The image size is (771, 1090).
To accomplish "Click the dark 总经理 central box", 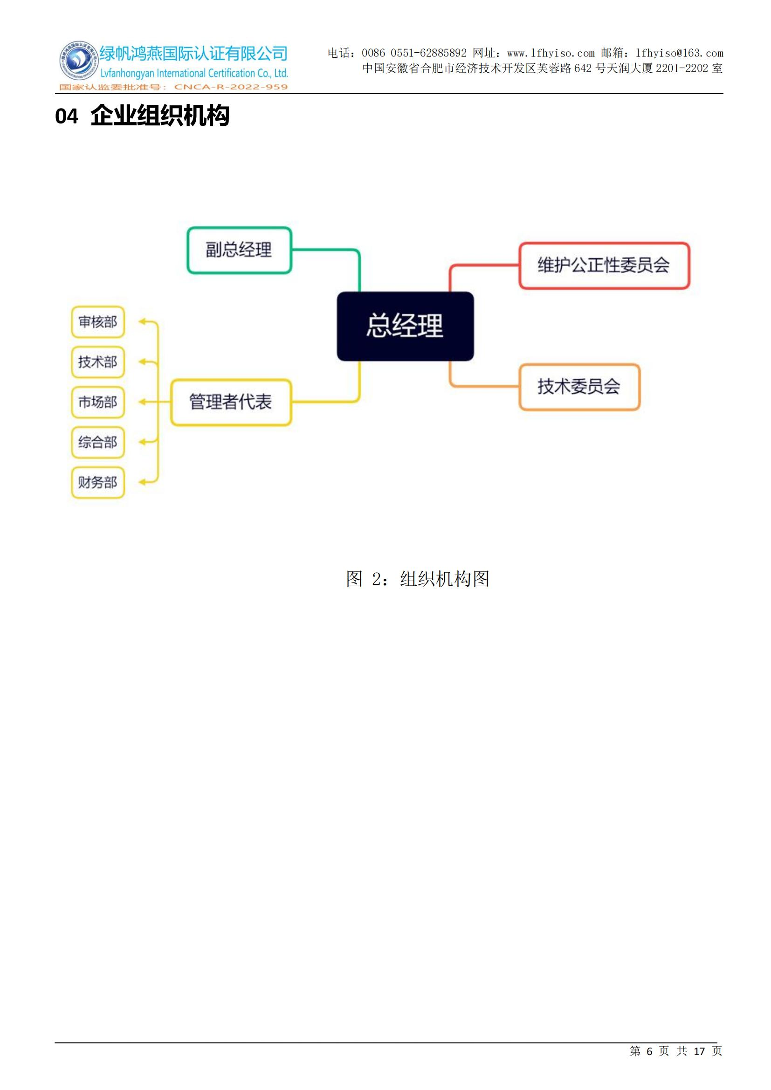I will coord(405,326).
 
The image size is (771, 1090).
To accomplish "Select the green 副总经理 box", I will coord(239,250).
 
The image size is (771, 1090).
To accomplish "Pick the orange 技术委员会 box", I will coord(579,386).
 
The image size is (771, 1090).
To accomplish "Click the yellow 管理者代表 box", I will coord(231,402).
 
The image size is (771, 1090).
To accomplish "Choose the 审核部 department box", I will coord(98,322).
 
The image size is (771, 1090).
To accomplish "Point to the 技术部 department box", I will coord(98,362).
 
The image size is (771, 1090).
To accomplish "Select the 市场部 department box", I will coord(98,402).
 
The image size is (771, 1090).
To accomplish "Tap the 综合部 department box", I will coord(98,442).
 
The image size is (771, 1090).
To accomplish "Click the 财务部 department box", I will coord(98,483).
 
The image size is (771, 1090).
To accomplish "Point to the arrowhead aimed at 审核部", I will coord(142,322).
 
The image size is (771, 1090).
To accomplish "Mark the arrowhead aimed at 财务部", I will coord(142,482).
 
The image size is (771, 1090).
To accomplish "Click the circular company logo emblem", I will coord(78,61).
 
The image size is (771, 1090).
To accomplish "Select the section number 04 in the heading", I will coord(67,117).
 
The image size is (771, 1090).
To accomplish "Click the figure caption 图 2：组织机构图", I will coord(417,579).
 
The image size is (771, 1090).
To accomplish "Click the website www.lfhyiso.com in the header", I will coord(551,53).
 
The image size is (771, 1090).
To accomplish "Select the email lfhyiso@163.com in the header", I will coord(679,53).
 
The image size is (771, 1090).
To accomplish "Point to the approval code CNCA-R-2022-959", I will coord(231,87).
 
